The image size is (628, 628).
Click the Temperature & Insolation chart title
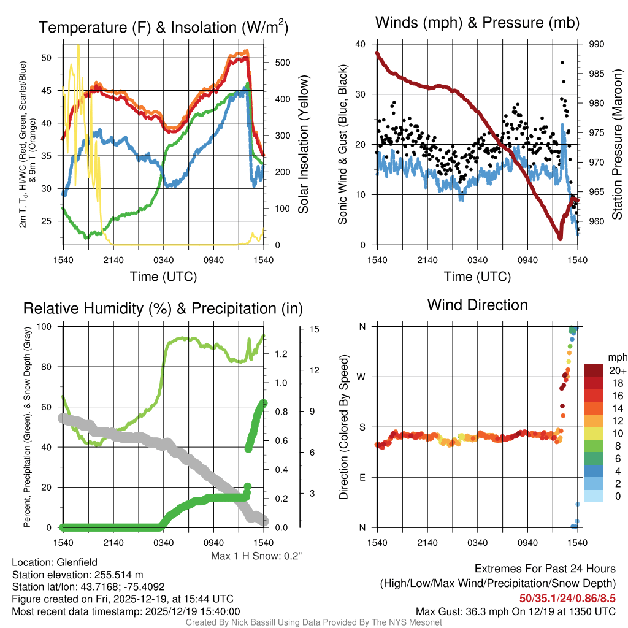pos(163,27)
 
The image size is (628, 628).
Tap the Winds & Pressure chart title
pos(477,23)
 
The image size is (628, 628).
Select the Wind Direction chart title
pos(477,305)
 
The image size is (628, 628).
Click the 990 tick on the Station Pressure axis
pos(597,44)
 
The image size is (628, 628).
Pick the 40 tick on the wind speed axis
pos(361,44)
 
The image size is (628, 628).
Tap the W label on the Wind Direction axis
pos(361,377)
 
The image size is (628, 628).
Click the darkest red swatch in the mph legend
pos(594,370)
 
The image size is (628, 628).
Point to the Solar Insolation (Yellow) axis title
pos(303,145)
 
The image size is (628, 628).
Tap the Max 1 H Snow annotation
pos(256,556)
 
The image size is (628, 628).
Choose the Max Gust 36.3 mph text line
pos(515,611)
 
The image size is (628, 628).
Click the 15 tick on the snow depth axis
pos(315,329)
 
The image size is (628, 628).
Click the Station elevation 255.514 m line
pos(77,575)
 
